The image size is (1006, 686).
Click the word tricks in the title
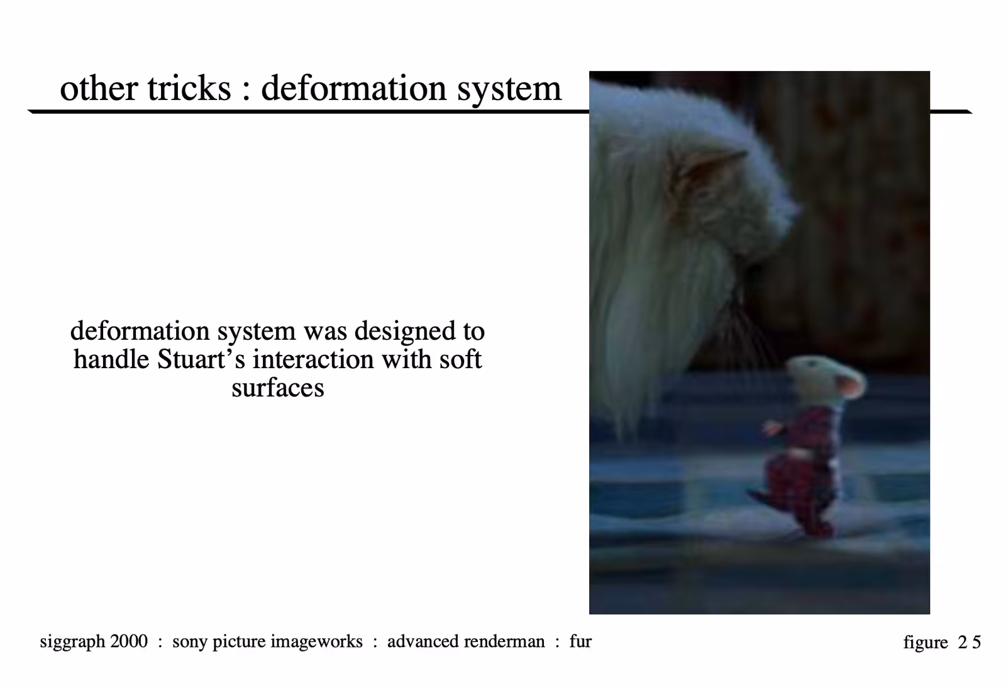pos(189,88)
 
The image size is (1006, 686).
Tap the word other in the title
pos(99,88)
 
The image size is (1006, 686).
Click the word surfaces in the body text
pos(277,388)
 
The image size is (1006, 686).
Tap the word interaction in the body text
pos(313,359)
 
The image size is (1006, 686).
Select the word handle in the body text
pos(111,359)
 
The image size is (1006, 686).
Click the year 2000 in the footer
pos(129,641)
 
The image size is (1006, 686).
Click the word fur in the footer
pos(580,641)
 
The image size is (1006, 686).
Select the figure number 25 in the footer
pos(969,642)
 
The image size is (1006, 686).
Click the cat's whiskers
pos(746,333)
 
